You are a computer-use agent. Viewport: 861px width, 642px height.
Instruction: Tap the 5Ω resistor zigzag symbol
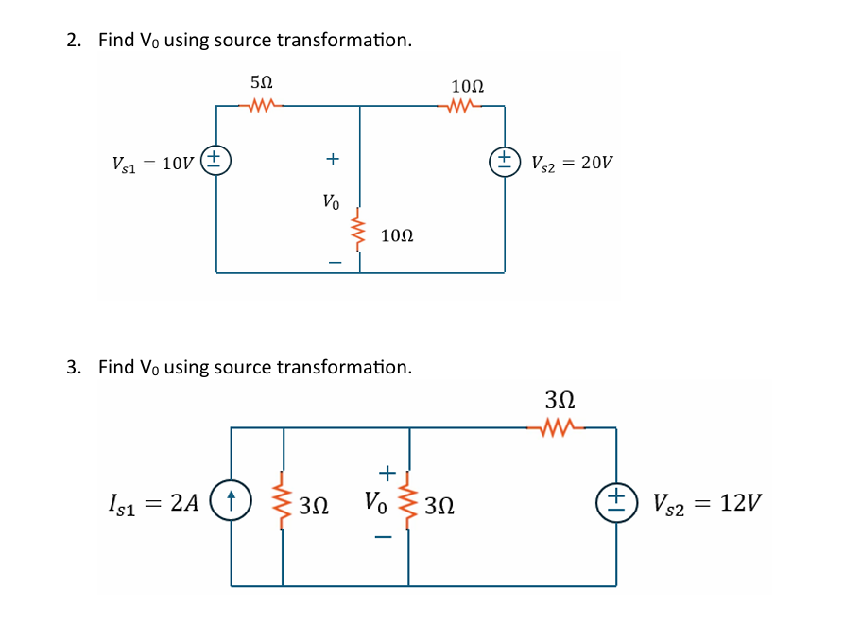pyautogui.click(x=263, y=105)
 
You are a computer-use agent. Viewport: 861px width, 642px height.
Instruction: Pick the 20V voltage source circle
pyautogui.click(x=505, y=160)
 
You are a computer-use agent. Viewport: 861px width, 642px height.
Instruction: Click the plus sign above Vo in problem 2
pyautogui.click(x=332, y=159)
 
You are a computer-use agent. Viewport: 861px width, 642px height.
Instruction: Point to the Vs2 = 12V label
pyautogui.click(x=707, y=501)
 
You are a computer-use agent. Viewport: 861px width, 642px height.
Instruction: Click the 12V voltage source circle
pyautogui.click(x=616, y=499)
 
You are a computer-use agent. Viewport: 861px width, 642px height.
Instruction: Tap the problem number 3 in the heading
pyautogui.click(x=73, y=367)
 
